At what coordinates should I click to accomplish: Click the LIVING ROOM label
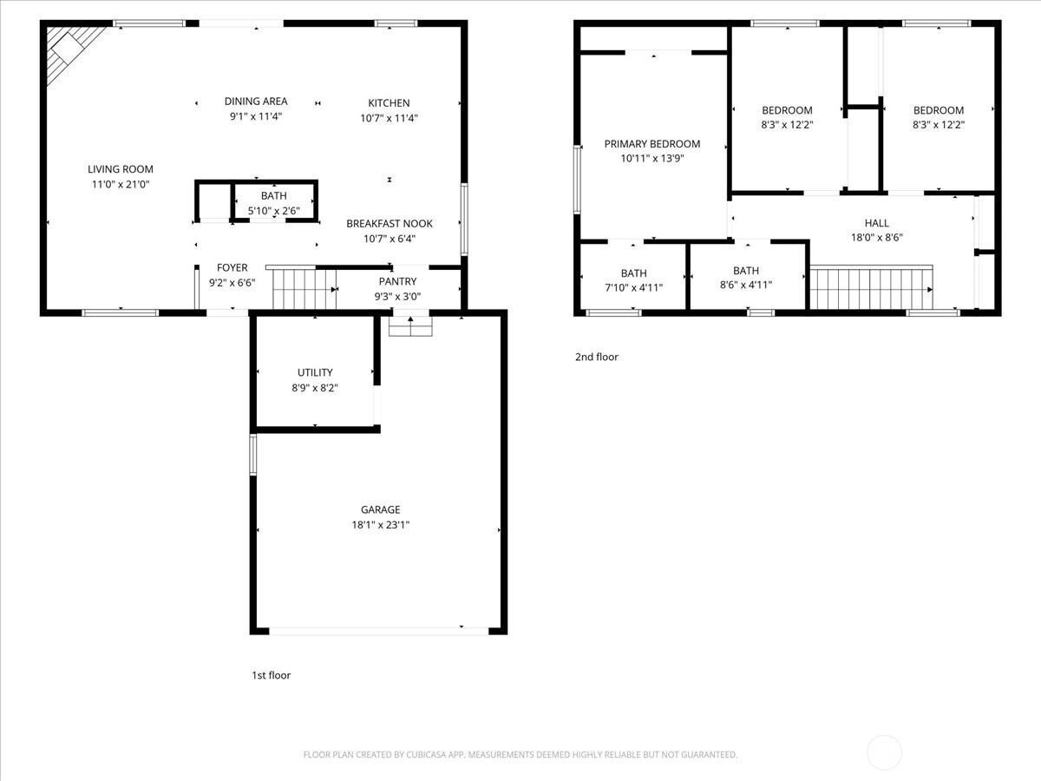pyautogui.click(x=121, y=169)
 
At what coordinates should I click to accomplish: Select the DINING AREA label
pyautogui.click(x=256, y=101)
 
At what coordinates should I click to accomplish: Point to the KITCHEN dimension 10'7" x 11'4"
pyautogui.click(x=389, y=118)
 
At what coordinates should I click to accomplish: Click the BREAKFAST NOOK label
pyautogui.click(x=390, y=223)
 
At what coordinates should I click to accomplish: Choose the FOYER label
pyautogui.click(x=232, y=267)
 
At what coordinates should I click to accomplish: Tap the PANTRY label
pyautogui.click(x=397, y=282)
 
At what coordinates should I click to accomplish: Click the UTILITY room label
pyautogui.click(x=315, y=373)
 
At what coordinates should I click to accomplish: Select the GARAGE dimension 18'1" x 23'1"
pyautogui.click(x=380, y=525)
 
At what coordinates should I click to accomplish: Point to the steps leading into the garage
pyautogui.click(x=410, y=326)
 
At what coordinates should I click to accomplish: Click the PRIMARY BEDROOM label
pyautogui.click(x=652, y=144)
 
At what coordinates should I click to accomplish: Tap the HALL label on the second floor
pyautogui.click(x=876, y=223)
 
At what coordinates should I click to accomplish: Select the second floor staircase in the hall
pyautogui.click(x=871, y=288)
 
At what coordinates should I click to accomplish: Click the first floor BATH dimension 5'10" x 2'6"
pyautogui.click(x=273, y=211)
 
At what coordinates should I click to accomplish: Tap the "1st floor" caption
pyautogui.click(x=271, y=675)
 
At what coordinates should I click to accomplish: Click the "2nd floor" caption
pyautogui.click(x=597, y=357)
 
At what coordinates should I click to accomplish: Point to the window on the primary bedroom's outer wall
pyautogui.click(x=577, y=180)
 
